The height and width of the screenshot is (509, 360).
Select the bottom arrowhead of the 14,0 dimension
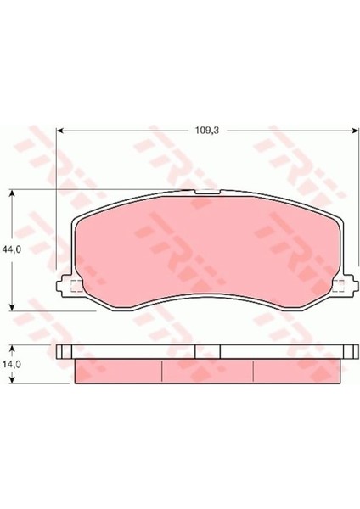coord(13,379)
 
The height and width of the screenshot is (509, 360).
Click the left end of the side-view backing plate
coord(61,351)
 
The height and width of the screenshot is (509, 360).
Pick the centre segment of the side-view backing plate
coord(207,351)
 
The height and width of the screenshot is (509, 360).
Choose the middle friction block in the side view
coord(207,370)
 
